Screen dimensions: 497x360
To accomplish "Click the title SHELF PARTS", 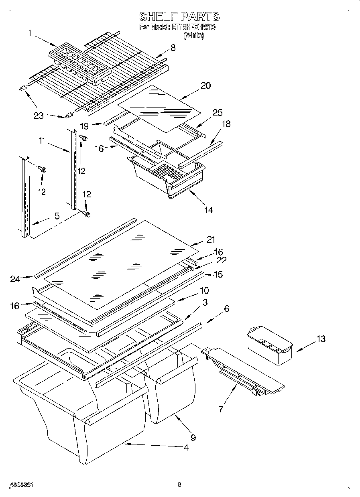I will tap(179, 16).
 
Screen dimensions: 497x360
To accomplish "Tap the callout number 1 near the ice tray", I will tap(30, 33).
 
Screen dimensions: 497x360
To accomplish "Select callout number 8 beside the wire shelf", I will tap(173, 48).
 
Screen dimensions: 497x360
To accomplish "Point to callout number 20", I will tap(205, 85).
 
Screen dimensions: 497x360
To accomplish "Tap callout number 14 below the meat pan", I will tap(208, 209).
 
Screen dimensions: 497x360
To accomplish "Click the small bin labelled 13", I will tap(269, 345).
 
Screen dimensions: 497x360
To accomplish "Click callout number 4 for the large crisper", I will tap(185, 448).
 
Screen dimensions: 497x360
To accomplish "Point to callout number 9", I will tap(193, 438).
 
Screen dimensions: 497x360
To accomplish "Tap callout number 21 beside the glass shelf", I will tap(211, 240).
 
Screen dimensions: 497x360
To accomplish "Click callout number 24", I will tap(15, 279).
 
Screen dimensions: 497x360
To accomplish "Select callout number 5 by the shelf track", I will tap(57, 216).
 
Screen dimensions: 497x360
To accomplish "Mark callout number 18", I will tap(226, 124).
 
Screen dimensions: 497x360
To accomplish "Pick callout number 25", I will tap(218, 113).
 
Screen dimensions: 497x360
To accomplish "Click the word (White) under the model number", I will tap(194, 36).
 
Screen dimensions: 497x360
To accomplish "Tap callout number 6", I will tap(227, 308).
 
